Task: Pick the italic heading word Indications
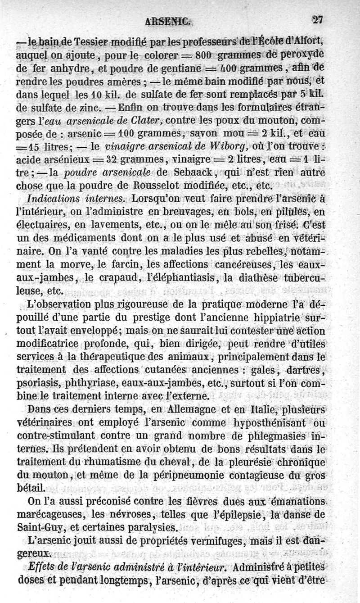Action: pyautogui.click(x=52, y=199)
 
